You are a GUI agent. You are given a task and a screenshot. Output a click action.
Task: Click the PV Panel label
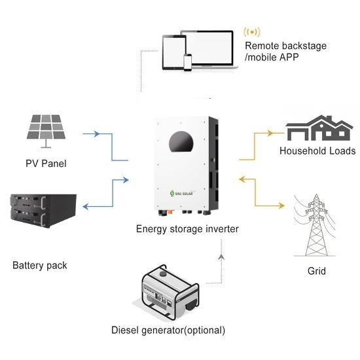coord(46,164)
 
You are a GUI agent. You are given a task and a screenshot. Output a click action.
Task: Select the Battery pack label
coord(40,266)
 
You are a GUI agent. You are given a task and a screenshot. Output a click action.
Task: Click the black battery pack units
coord(43,211)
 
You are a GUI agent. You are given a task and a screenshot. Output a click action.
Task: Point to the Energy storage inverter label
coord(187,229)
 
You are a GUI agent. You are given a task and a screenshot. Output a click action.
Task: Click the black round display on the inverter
coord(181,142)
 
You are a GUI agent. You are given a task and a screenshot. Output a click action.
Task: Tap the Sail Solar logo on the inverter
coord(181,193)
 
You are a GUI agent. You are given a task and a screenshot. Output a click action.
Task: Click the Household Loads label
coord(317,151)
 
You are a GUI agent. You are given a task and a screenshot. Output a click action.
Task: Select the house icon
coord(319,128)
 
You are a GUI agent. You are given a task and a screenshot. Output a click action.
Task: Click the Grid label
coord(317,271)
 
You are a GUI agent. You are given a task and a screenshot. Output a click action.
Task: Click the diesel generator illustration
coord(170,291)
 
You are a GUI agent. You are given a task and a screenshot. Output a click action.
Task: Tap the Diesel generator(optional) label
coord(168,331)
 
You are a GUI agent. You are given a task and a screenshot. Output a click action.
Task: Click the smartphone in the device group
coord(188,62)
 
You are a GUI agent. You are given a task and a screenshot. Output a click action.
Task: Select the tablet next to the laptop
coord(174,52)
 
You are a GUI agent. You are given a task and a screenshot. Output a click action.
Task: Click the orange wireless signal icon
coord(252,32)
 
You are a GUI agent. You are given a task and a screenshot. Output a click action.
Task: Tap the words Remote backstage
coord(286,46)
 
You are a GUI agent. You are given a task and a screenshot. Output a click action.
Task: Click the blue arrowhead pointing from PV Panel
coord(97,134)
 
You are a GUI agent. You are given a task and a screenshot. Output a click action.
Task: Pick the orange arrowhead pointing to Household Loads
coord(270,133)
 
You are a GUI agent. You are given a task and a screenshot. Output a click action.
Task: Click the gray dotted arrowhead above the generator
coord(221,257)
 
